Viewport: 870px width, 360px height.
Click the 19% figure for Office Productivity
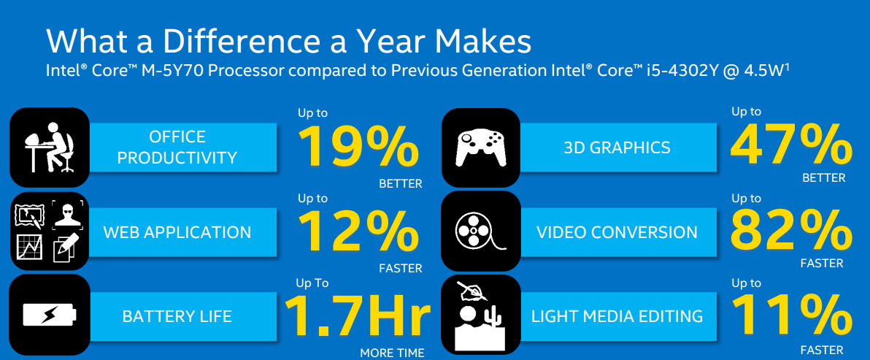tap(359, 147)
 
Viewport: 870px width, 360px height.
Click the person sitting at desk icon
tap(49, 147)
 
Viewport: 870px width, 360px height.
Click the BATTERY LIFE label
tap(177, 317)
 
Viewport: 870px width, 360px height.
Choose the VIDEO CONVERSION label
tap(617, 232)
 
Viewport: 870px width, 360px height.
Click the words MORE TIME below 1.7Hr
tap(392, 352)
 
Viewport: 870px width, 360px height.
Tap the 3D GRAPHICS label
tap(617, 147)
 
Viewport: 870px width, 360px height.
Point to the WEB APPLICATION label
tap(177, 232)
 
